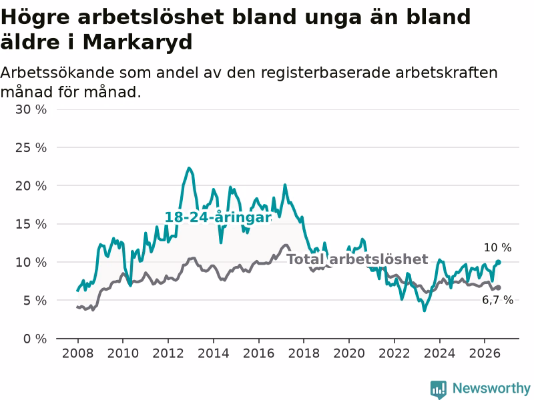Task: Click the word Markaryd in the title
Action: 138,42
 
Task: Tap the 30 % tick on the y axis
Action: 31,109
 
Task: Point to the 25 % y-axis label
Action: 31,147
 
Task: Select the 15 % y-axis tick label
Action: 31,224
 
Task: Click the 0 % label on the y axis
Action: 35,339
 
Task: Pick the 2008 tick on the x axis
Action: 77,353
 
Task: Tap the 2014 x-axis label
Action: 213,353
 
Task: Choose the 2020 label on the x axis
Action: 348,353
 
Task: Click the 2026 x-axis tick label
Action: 485,353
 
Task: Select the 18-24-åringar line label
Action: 218,217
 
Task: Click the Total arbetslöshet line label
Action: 357,259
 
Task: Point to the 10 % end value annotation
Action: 497,247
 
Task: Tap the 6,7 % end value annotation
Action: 497,300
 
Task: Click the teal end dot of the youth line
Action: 498,262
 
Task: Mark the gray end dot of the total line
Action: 498,288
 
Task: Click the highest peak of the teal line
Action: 190,168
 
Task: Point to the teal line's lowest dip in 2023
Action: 425,310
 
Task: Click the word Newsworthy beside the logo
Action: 491,388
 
